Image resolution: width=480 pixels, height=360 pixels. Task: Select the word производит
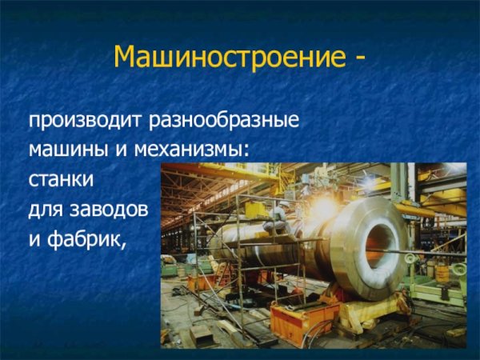click(x=85, y=122)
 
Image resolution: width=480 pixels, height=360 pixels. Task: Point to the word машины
click(x=65, y=150)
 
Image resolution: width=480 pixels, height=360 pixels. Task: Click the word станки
click(x=61, y=180)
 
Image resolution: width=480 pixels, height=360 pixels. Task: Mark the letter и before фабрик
click(x=35, y=238)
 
